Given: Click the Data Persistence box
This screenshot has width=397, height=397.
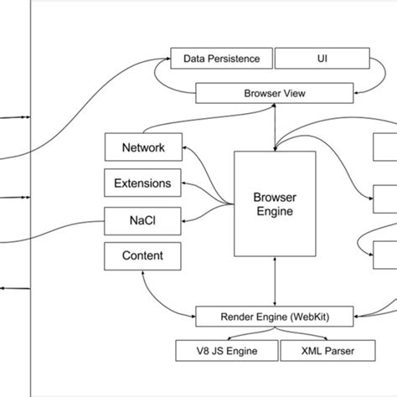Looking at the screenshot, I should pos(220,59).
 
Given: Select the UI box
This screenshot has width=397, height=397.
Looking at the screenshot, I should pos(322,59).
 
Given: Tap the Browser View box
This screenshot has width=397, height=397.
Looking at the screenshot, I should pos(275,93).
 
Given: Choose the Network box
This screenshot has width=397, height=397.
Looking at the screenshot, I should pos(142,148).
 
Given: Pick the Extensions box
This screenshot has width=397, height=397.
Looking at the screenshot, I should pos(142,183).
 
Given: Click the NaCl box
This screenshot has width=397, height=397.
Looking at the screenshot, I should pos(142,221).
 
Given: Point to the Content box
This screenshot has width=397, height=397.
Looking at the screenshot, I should pos(142,256).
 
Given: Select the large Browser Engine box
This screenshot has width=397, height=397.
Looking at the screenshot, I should pos(275,204).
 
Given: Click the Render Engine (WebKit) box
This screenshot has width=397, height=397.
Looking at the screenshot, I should pos(275,317).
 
